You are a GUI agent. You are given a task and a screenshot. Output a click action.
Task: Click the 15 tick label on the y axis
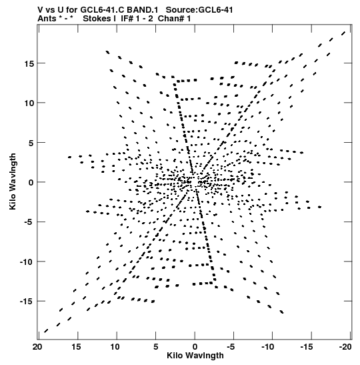29,63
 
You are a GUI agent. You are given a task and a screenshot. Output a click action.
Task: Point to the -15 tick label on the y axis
27,302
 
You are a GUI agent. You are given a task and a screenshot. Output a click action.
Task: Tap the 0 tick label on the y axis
31,183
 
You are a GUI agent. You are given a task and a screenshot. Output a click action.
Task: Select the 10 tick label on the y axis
29,103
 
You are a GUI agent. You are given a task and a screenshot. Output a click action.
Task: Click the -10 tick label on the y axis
27,262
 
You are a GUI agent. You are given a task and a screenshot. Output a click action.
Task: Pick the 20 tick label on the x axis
37,347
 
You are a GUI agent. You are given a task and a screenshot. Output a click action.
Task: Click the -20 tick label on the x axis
345,347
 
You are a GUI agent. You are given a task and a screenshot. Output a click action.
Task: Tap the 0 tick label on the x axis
195,347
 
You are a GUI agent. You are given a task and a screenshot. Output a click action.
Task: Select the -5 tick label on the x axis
231,347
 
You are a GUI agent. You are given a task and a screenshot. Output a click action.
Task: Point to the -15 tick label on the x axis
307,347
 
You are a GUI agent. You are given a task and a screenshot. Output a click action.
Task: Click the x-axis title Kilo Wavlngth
195,356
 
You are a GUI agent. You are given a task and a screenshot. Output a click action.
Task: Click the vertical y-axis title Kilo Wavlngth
13,181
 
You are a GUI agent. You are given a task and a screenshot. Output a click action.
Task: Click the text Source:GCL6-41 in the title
199,10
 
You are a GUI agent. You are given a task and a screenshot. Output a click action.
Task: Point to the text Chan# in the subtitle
171,18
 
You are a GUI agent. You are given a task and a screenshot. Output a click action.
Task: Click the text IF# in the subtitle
127,18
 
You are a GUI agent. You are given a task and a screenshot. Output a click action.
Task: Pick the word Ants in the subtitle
47,18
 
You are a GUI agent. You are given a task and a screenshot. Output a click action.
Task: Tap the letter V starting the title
40,10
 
